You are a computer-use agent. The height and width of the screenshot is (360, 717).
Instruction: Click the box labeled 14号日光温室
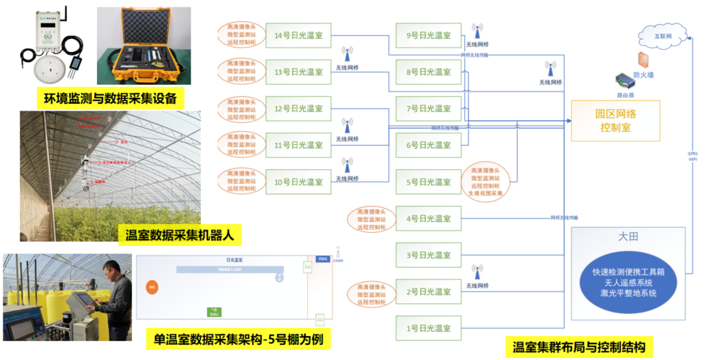click(x=298, y=36)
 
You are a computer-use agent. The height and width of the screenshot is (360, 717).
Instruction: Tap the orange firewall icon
click(x=643, y=59)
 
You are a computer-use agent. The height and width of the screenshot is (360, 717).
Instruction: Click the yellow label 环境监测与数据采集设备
click(x=110, y=98)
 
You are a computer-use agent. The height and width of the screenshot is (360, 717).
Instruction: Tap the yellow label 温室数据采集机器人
click(x=180, y=236)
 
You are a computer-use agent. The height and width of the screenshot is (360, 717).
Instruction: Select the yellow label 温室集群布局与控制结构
click(x=578, y=346)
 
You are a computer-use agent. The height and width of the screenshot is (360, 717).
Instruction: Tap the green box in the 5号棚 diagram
click(x=214, y=311)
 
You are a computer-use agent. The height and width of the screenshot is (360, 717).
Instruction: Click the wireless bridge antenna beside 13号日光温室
click(x=347, y=54)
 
